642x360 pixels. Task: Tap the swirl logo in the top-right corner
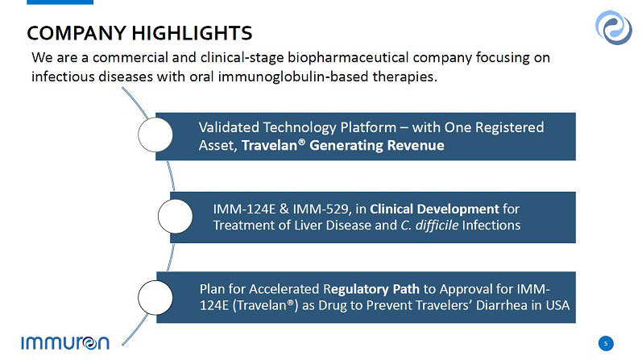[613, 27]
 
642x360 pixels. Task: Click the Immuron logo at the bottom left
[65, 343]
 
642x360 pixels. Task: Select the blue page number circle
[606, 343]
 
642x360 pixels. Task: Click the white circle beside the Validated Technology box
[155, 134]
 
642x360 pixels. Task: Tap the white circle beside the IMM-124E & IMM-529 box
[176, 217]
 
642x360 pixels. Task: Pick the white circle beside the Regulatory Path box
[155, 298]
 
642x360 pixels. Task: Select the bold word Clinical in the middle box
[391, 209]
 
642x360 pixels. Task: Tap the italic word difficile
[437, 226]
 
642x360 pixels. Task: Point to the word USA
[557, 305]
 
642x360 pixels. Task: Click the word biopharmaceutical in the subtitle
[348, 57]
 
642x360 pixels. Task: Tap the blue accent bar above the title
[60, 2]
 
